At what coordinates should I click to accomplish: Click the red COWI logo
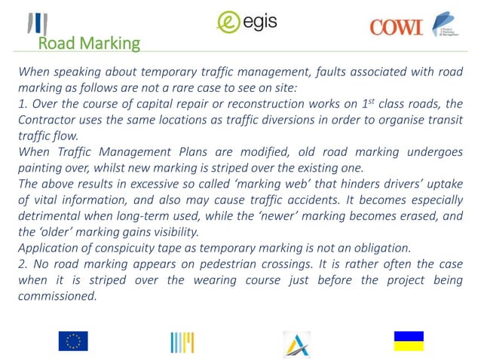click(x=397, y=27)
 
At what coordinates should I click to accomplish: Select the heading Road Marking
click(x=89, y=44)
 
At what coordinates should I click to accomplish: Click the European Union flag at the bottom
click(x=73, y=341)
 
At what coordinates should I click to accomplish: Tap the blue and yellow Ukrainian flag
click(x=409, y=341)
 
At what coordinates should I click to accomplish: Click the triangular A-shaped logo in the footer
click(x=297, y=343)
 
